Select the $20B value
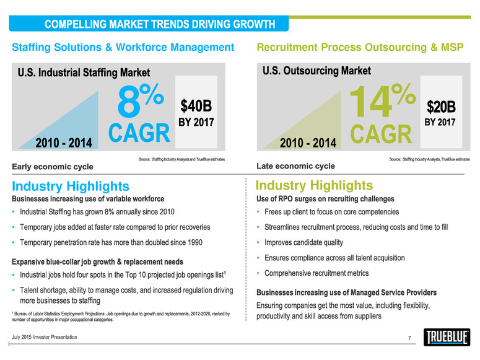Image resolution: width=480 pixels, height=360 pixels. [440, 103]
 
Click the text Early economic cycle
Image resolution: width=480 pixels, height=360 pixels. [52, 167]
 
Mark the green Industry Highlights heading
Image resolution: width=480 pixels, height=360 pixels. [314, 185]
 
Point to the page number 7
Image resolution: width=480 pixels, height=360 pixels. [410, 337]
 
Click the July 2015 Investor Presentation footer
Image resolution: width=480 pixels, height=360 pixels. [45, 336]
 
